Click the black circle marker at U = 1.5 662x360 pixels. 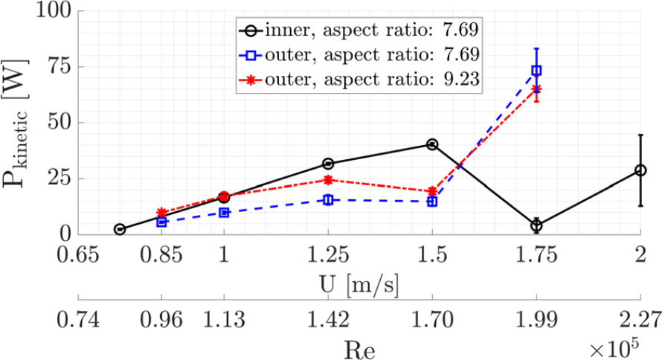click(x=432, y=144)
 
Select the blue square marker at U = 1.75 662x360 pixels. click(x=536, y=71)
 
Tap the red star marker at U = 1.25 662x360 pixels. click(x=328, y=180)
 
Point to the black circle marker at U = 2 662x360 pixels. click(x=640, y=170)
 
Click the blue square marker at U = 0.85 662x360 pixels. click(x=161, y=222)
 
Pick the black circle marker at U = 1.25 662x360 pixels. click(x=328, y=164)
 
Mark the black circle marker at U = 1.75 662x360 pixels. click(x=536, y=225)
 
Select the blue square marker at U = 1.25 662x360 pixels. click(x=328, y=200)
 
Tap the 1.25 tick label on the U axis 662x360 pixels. click(x=328, y=254)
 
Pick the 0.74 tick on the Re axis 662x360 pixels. click(x=77, y=321)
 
